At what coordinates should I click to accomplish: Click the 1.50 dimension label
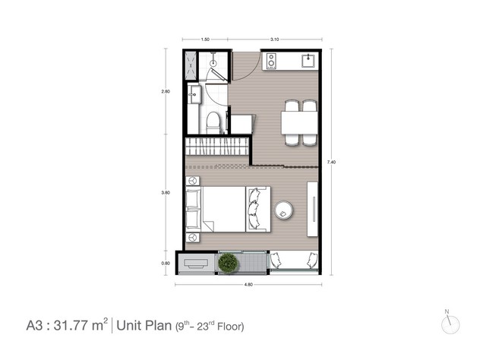(205, 39)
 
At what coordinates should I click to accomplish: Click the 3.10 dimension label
(275, 39)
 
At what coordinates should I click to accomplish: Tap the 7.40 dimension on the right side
(331, 162)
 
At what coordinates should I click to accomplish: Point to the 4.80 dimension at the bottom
(248, 285)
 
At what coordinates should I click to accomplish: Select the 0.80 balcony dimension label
(166, 264)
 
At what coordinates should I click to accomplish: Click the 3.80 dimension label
(166, 193)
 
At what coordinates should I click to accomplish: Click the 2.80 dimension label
(166, 91)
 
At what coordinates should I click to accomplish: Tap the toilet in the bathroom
(213, 122)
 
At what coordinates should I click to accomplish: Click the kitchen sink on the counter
(308, 61)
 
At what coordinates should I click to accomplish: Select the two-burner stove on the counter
(271, 61)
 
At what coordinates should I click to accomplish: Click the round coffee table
(283, 210)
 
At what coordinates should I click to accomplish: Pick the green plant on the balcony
(229, 263)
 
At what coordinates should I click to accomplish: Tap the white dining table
(299, 122)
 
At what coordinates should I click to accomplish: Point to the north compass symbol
(450, 324)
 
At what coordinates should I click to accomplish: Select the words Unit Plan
(144, 326)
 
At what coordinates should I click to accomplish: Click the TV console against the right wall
(312, 210)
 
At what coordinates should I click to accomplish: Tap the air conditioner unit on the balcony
(196, 264)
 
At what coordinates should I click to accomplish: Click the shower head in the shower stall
(213, 63)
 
